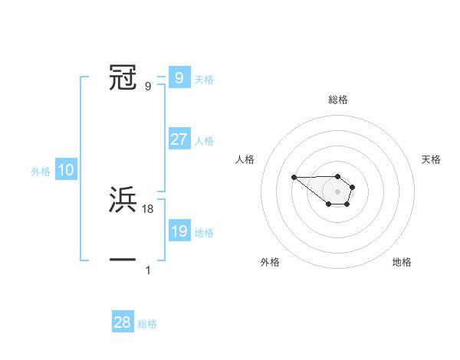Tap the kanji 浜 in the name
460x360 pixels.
click(123, 200)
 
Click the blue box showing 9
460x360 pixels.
click(179, 77)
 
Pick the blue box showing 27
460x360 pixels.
click(179, 139)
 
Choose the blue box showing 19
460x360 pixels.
click(179, 231)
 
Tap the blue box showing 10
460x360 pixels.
click(66, 170)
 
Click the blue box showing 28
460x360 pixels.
click(123, 322)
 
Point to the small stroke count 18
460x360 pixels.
click(148, 209)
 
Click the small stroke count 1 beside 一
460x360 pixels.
click(148, 270)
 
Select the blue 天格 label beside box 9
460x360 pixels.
click(204, 79)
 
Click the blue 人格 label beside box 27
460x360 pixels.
click(204, 141)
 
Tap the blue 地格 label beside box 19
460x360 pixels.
click(204, 233)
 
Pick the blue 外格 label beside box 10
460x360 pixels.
click(41, 172)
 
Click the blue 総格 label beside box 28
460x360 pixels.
click(147, 324)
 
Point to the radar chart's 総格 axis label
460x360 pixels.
click(338, 100)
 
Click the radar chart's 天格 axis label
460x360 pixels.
click(431, 159)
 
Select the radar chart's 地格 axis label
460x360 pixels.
click(402, 262)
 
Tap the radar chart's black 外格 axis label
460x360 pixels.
click(270, 262)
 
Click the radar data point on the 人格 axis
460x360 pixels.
click(294, 178)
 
